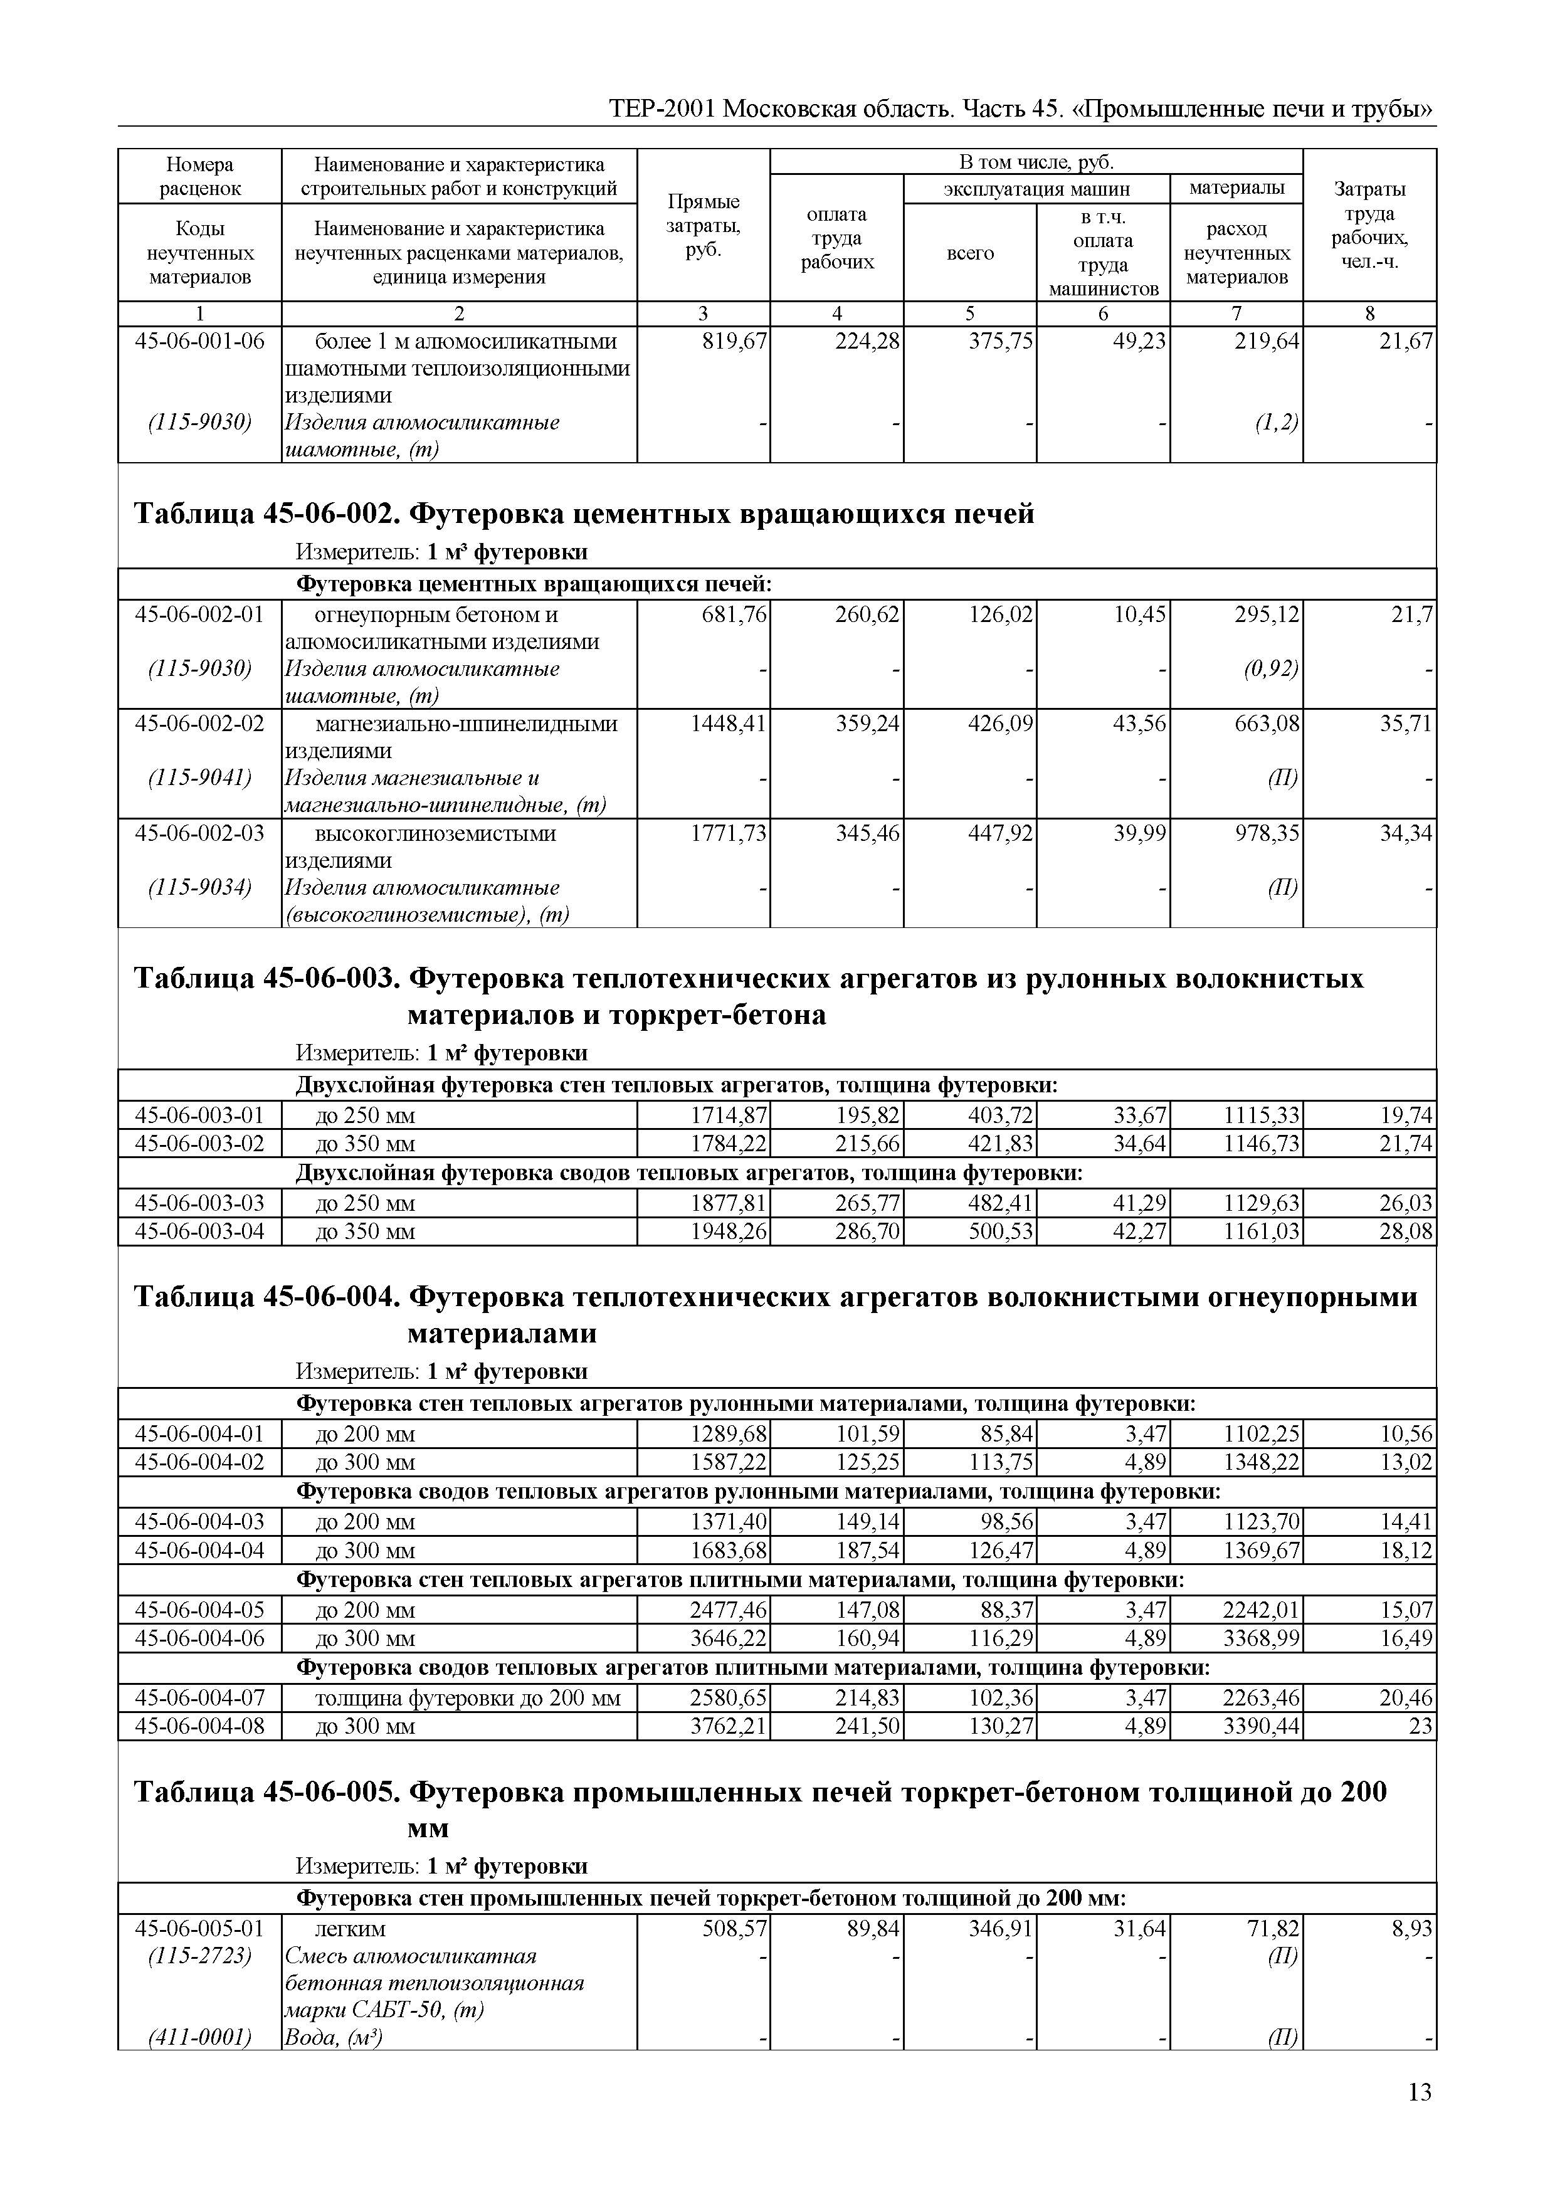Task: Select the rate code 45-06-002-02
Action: coord(199,724)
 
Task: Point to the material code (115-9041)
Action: coord(199,779)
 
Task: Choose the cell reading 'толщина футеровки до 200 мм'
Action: coord(467,1699)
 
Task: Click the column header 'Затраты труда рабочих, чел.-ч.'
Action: coord(1369,226)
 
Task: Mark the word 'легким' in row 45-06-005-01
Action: coord(351,1929)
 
